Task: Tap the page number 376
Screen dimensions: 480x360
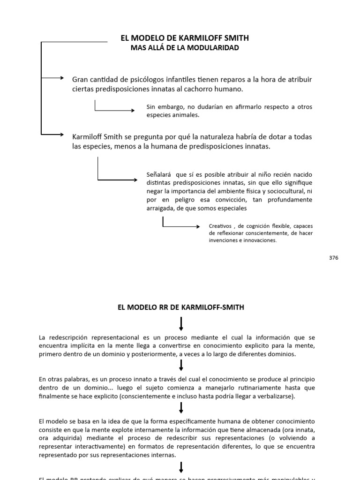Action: [x=334, y=257]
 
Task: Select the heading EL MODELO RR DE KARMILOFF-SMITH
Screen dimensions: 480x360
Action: [x=180, y=307]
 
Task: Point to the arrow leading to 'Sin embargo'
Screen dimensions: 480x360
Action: [x=114, y=110]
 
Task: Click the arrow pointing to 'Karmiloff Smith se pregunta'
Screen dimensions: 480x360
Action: [x=52, y=135]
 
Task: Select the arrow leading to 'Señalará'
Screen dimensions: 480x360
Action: [x=117, y=179]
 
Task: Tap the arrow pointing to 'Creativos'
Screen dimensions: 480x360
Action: [x=181, y=226]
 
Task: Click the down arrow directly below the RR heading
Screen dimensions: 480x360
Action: [x=181, y=323]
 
